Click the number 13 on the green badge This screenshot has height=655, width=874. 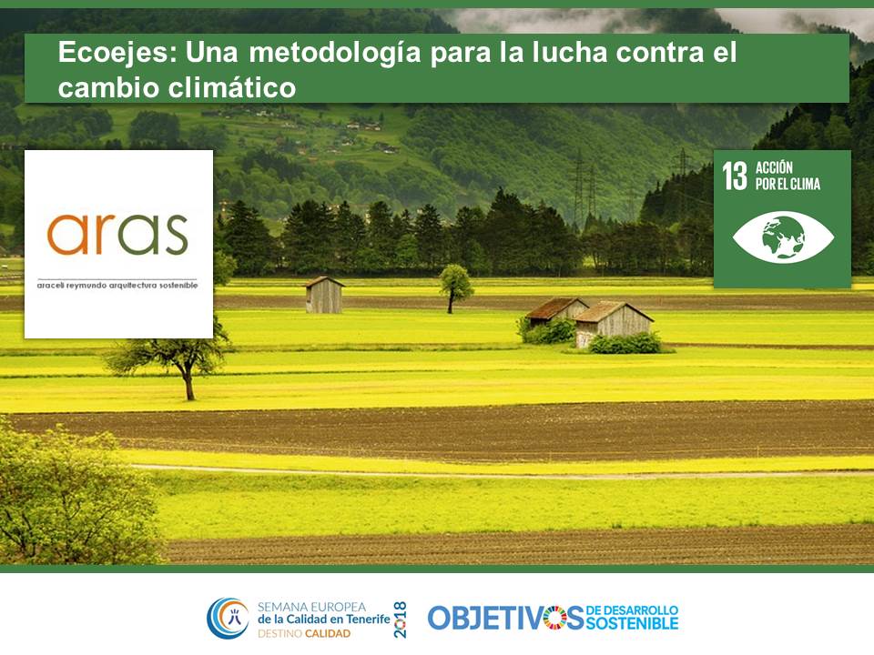tap(735, 176)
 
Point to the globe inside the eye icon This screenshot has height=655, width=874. tap(783, 237)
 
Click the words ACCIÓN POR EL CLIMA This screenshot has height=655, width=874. tap(788, 176)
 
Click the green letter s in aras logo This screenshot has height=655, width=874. tap(175, 235)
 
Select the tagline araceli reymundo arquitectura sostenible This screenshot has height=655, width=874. tap(117, 285)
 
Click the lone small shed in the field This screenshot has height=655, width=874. tap(324, 295)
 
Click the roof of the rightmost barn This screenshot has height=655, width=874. tap(612, 311)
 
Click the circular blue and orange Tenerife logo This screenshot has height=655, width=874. tap(228, 619)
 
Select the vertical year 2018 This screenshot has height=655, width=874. tap(400, 620)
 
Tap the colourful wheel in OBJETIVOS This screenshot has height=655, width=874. tap(555, 619)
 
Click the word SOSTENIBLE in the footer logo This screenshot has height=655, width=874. tap(632, 623)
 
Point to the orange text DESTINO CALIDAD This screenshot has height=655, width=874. tap(304, 634)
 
